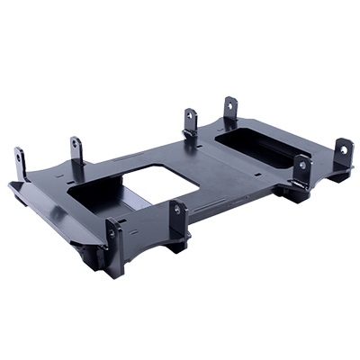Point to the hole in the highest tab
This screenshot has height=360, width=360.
(229, 106)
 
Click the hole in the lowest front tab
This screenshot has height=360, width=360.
(112, 232)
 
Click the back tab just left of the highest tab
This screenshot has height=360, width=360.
(191, 121)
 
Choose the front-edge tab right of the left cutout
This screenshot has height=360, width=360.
(178, 217)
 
